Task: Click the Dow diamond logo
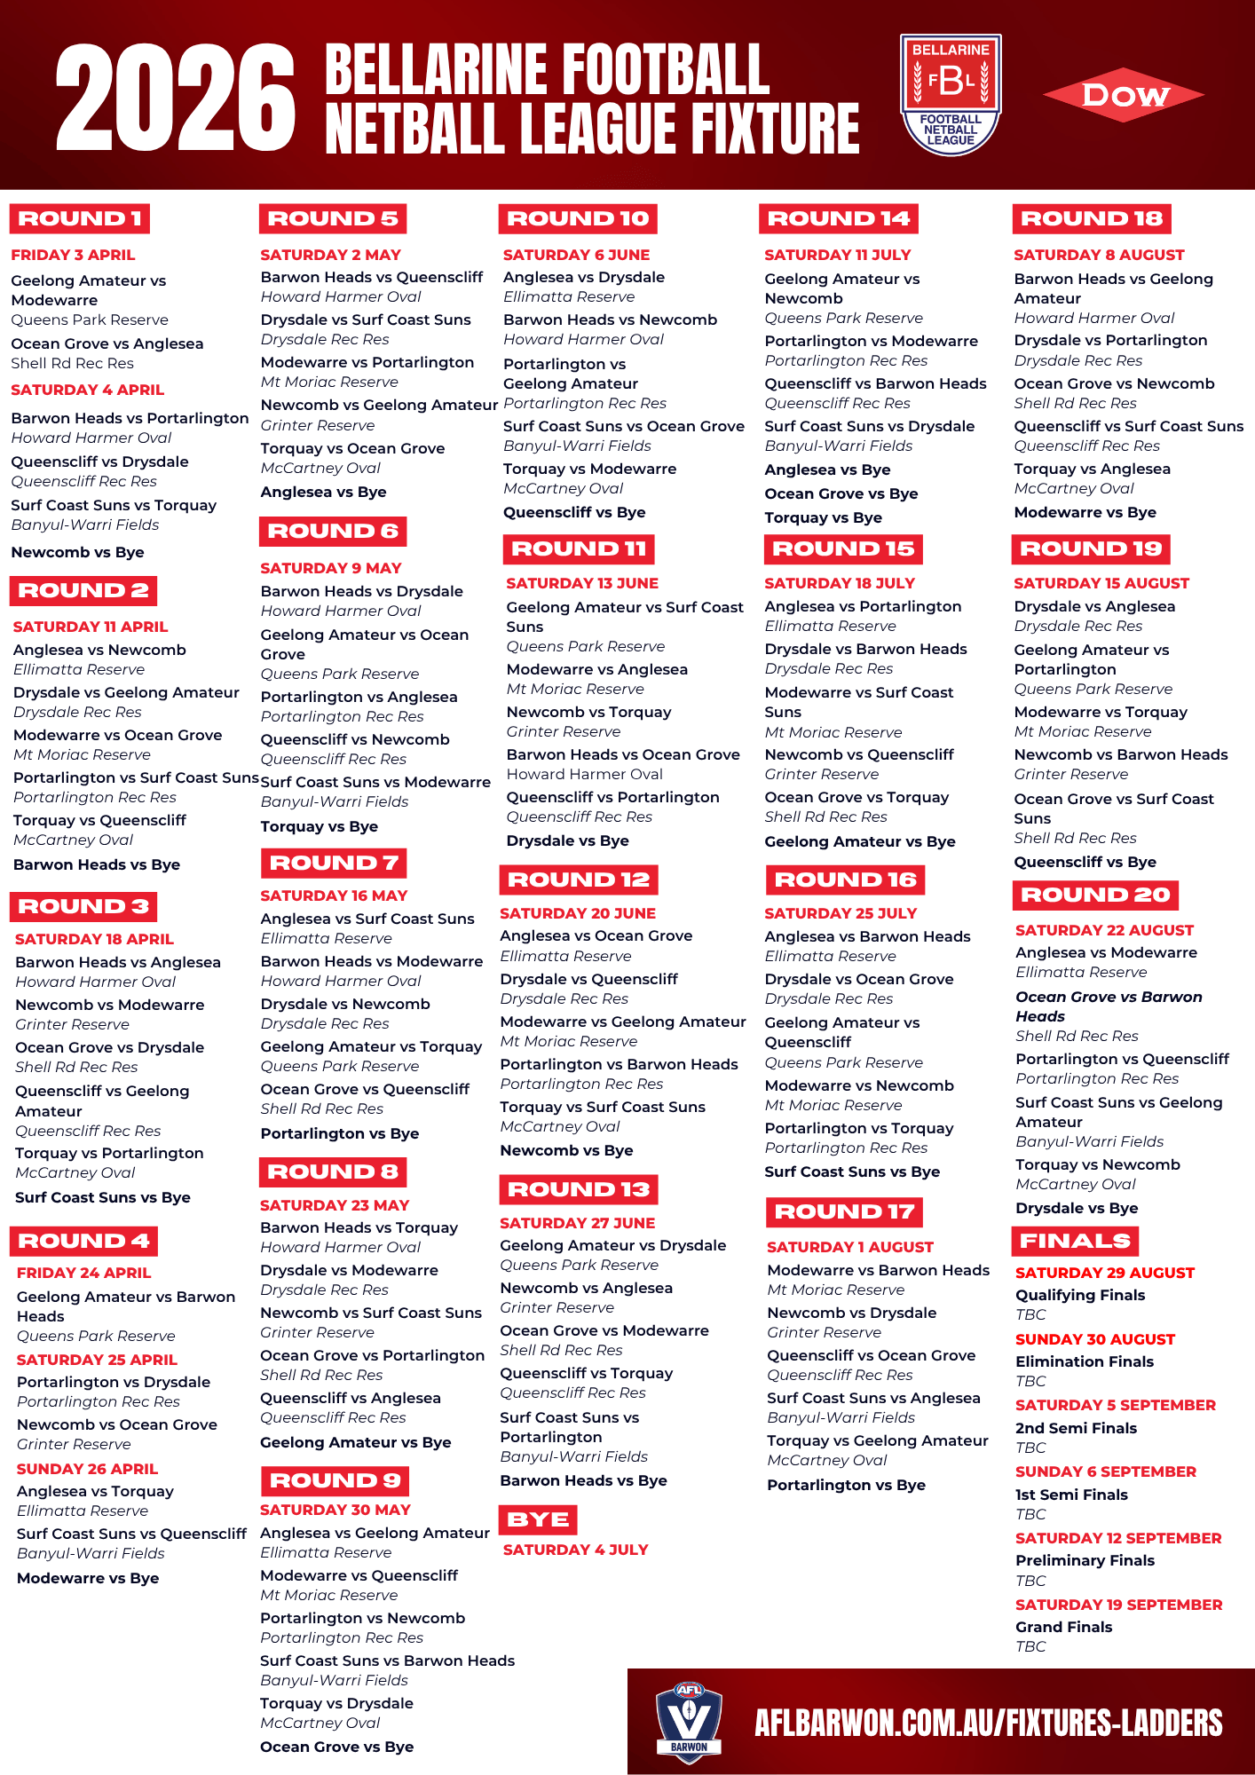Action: [x=1124, y=95]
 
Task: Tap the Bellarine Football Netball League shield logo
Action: [x=951, y=94]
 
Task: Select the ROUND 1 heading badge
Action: [x=80, y=218]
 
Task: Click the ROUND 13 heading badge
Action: [x=579, y=1189]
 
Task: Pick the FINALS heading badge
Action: [x=1075, y=1241]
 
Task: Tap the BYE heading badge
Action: [x=538, y=1519]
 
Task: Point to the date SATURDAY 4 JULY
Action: [x=575, y=1550]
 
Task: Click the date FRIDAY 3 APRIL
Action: [x=73, y=255]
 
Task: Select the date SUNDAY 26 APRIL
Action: [x=87, y=1469]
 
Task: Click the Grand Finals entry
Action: [x=1063, y=1627]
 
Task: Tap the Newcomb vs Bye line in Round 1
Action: [x=77, y=552]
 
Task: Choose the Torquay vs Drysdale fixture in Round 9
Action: [x=336, y=1703]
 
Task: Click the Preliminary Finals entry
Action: [x=1085, y=1560]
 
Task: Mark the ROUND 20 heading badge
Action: [x=1095, y=895]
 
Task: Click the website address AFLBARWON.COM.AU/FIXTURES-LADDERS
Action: [x=988, y=1723]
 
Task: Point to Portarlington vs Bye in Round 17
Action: [x=846, y=1485]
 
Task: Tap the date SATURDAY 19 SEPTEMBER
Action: [x=1118, y=1605]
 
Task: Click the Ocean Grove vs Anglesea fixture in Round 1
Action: [x=107, y=343]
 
